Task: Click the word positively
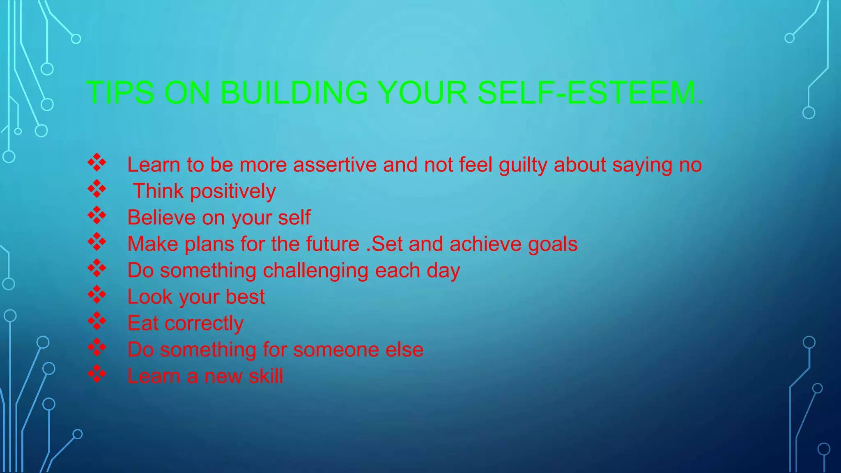tap(233, 192)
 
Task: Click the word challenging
tap(315, 271)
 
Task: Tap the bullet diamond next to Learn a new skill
tap(97, 374)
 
